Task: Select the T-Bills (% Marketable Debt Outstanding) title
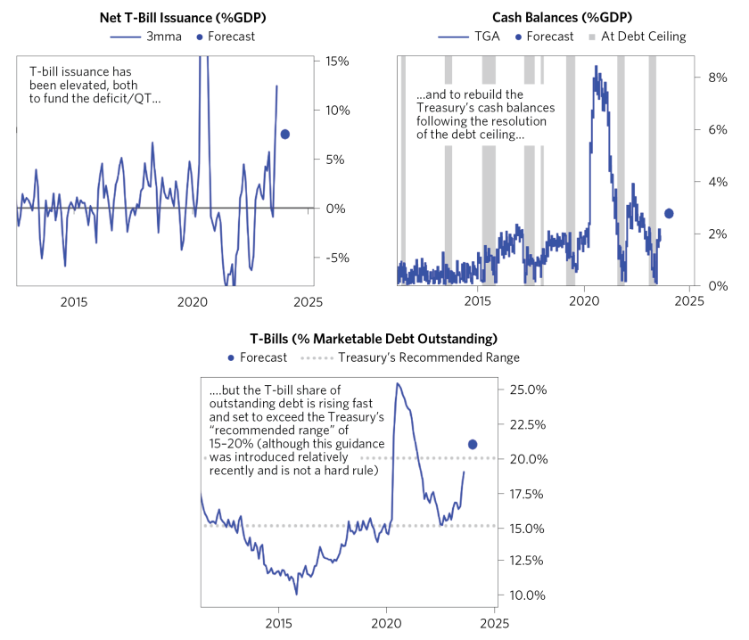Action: click(373, 339)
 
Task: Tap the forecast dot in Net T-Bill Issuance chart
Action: click(285, 134)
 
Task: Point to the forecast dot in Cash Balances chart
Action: click(670, 213)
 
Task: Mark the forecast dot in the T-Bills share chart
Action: click(473, 444)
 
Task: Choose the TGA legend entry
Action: click(464, 37)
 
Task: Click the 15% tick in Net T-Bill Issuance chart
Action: click(337, 62)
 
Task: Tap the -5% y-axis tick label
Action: click(337, 258)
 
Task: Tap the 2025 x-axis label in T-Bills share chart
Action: click(495, 623)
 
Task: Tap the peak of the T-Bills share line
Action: click(397, 384)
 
